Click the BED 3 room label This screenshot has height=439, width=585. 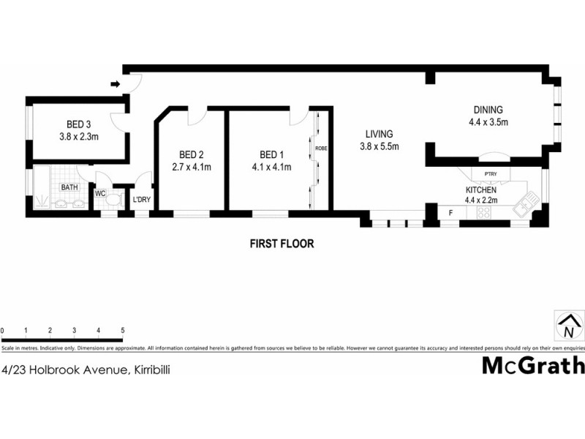pos(78,124)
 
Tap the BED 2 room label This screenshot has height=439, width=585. pos(191,154)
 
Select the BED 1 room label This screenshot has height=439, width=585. pos(271,154)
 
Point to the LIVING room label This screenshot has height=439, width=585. pos(377,134)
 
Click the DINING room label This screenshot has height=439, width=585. pos(488,110)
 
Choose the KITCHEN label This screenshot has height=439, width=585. pos(481,190)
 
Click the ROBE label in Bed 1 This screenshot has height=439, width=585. pos(320,149)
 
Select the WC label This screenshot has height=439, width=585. pos(101,194)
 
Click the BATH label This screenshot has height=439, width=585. pos(69,187)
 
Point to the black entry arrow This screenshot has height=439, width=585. pos(115,84)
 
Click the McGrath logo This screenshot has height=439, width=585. pos(533,365)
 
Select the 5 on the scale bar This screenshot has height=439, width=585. pos(122,331)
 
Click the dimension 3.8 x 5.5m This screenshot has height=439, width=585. pos(377,146)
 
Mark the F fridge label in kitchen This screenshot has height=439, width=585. pos(450,212)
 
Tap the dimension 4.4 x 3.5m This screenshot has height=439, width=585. pos(488,122)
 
